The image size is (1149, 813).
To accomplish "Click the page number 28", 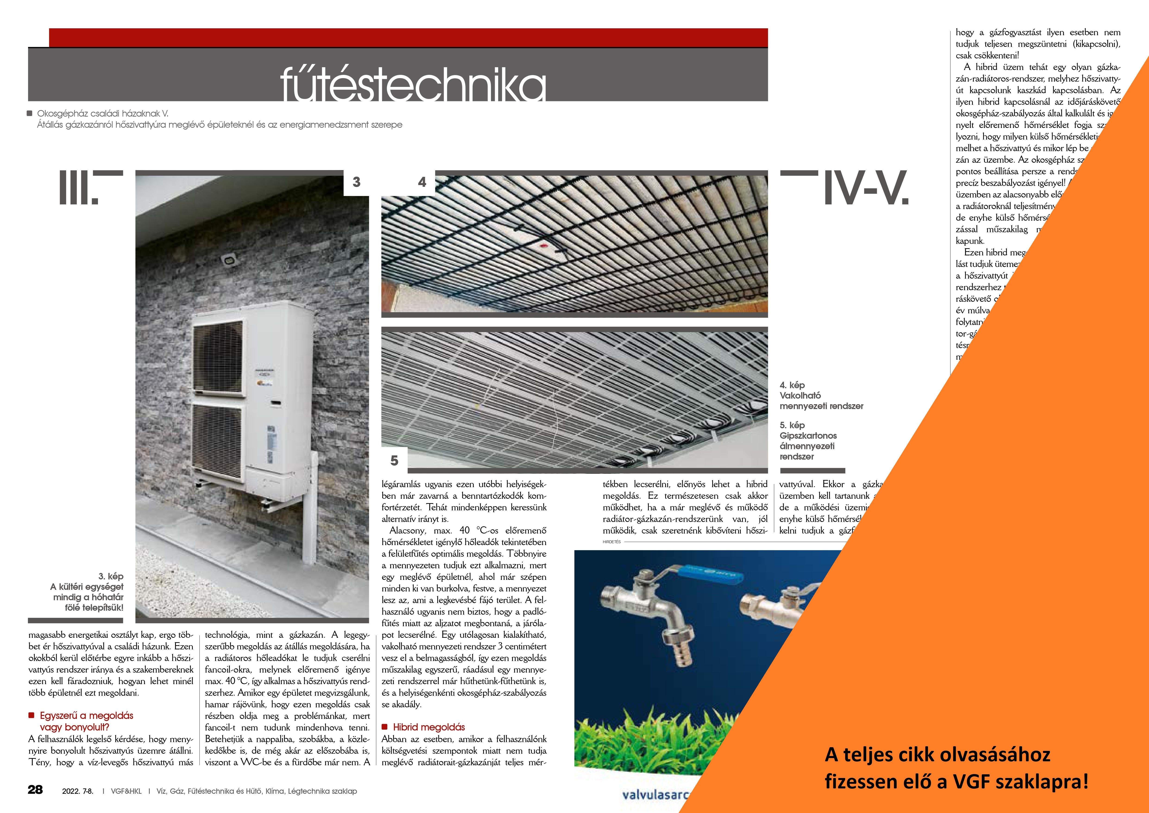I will click(35, 790).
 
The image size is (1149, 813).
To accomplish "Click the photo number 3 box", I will click(356, 182).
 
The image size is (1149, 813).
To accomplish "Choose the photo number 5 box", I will click(394, 460).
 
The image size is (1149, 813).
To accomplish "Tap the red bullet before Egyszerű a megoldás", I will click(31, 715).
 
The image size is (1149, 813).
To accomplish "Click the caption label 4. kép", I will click(792, 385).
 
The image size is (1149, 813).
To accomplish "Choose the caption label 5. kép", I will click(792, 425).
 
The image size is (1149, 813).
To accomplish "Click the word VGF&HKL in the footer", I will click(126, 791).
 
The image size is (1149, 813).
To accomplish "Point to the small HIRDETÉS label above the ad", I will click(611, 542).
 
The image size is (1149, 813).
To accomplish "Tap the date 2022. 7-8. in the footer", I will click(78, 791).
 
